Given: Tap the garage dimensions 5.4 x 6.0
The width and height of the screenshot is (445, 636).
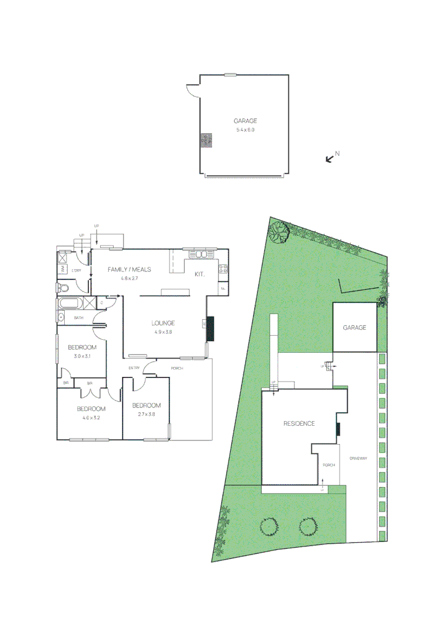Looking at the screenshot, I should pyautogui.click(x=244, y=130).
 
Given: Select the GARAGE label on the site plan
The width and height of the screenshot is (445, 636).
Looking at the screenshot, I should pyautogui.click(x=355, y=328).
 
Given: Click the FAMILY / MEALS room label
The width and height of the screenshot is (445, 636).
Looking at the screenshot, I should pyautogui.click(x=129, y=269).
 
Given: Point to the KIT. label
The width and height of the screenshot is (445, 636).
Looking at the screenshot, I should pyautogui.click(x=201, y=274).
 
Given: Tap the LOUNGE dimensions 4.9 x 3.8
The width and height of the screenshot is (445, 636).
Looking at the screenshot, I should pyautogui.click(x=163, y=332).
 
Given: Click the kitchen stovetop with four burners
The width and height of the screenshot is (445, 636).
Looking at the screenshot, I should pyautogui.click(x=224, y=270).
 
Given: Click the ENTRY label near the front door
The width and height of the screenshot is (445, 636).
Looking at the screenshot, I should pyautogui.click(x=134, y=369).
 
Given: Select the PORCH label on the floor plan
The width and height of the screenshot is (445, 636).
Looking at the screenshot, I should pyautogui.click(x=177, y=369).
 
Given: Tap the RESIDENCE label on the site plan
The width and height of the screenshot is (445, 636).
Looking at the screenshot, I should pyautogui.click(x=299, y=423).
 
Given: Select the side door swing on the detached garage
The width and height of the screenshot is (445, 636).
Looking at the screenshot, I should pyautogui.click(x=192, y=91).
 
